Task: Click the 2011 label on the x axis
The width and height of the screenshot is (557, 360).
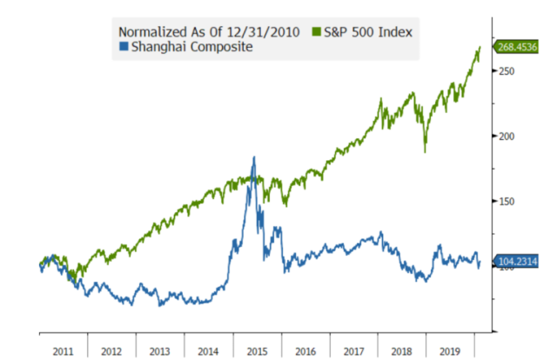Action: [x=62, y=351]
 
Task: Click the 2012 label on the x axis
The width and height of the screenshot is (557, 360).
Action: [x=111, y=351]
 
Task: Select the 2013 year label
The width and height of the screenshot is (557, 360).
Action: [x=159, y=351]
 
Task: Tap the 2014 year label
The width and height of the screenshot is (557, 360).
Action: [x=208, y=351]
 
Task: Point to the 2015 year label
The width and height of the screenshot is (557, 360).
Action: [x=257, y=351]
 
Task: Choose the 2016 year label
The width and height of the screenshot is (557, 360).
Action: [x=305, y=351]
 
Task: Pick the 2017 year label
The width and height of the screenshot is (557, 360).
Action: [x=354, y=351]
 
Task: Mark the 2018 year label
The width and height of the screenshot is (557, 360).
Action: [x=403, y=351]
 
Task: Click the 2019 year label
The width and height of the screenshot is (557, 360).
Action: [x=452, y=351]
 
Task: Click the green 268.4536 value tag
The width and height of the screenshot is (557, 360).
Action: [x=518, y=47]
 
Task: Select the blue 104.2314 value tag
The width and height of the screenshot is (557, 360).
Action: [x=518, y=260]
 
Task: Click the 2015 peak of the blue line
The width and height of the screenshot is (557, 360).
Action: [x=253, y=157]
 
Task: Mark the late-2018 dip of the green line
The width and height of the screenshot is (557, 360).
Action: [x=426, y=151]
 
